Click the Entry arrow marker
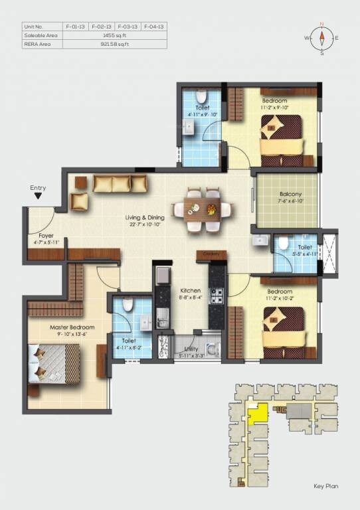(39, 197)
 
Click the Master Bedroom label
(72, 327)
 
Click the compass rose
(321, 38)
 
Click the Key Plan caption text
(325, 487)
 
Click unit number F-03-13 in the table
(128, 26)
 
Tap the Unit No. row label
(33, 26)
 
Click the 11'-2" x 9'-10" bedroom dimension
(275, 107)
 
